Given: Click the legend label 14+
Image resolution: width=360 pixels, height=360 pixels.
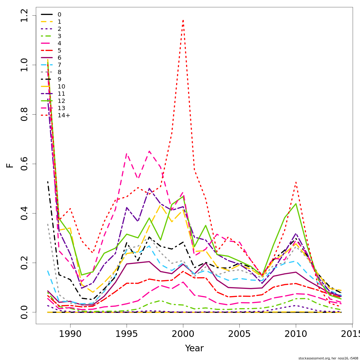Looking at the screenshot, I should tap(64, 115).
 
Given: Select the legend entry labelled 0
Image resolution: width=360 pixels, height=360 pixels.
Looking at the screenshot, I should tap(59, 14).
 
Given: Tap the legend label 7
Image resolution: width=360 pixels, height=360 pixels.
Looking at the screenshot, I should tap(59, 65).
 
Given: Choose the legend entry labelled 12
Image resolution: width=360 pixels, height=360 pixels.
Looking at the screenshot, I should tap(61, 101).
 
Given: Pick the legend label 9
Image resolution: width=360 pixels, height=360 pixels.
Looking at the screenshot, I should tap(59, 79).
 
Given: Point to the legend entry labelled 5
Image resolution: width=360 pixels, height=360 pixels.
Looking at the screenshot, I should tap(59, 50).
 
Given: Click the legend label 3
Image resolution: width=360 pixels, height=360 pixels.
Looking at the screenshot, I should tap(59, 36).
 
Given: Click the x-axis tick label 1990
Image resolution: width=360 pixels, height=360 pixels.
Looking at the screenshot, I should tap(70, 334).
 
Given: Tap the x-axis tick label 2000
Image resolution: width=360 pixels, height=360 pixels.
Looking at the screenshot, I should tap(183, 334).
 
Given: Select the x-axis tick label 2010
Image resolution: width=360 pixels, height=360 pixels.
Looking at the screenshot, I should tap(296, 334).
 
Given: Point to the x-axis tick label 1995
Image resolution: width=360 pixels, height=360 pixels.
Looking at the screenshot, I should tap(127, 334).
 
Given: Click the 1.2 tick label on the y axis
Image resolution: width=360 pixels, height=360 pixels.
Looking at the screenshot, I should tap(24, 16).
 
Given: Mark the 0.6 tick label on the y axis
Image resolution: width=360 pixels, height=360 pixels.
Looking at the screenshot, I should tap(24, 164).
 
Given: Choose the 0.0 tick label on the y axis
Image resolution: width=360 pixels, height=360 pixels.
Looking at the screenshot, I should tap(24, 312).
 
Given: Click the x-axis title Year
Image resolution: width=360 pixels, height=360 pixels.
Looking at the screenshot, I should tap(194, 348).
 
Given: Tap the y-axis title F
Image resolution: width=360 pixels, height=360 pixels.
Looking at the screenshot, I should tap(10, 165).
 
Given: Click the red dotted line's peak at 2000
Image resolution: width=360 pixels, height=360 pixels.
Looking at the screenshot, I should tap(183, 20).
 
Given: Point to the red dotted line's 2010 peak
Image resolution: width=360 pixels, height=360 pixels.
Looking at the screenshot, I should tap(296, 182).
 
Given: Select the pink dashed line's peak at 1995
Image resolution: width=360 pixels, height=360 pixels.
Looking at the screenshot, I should tap(127, 154).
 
